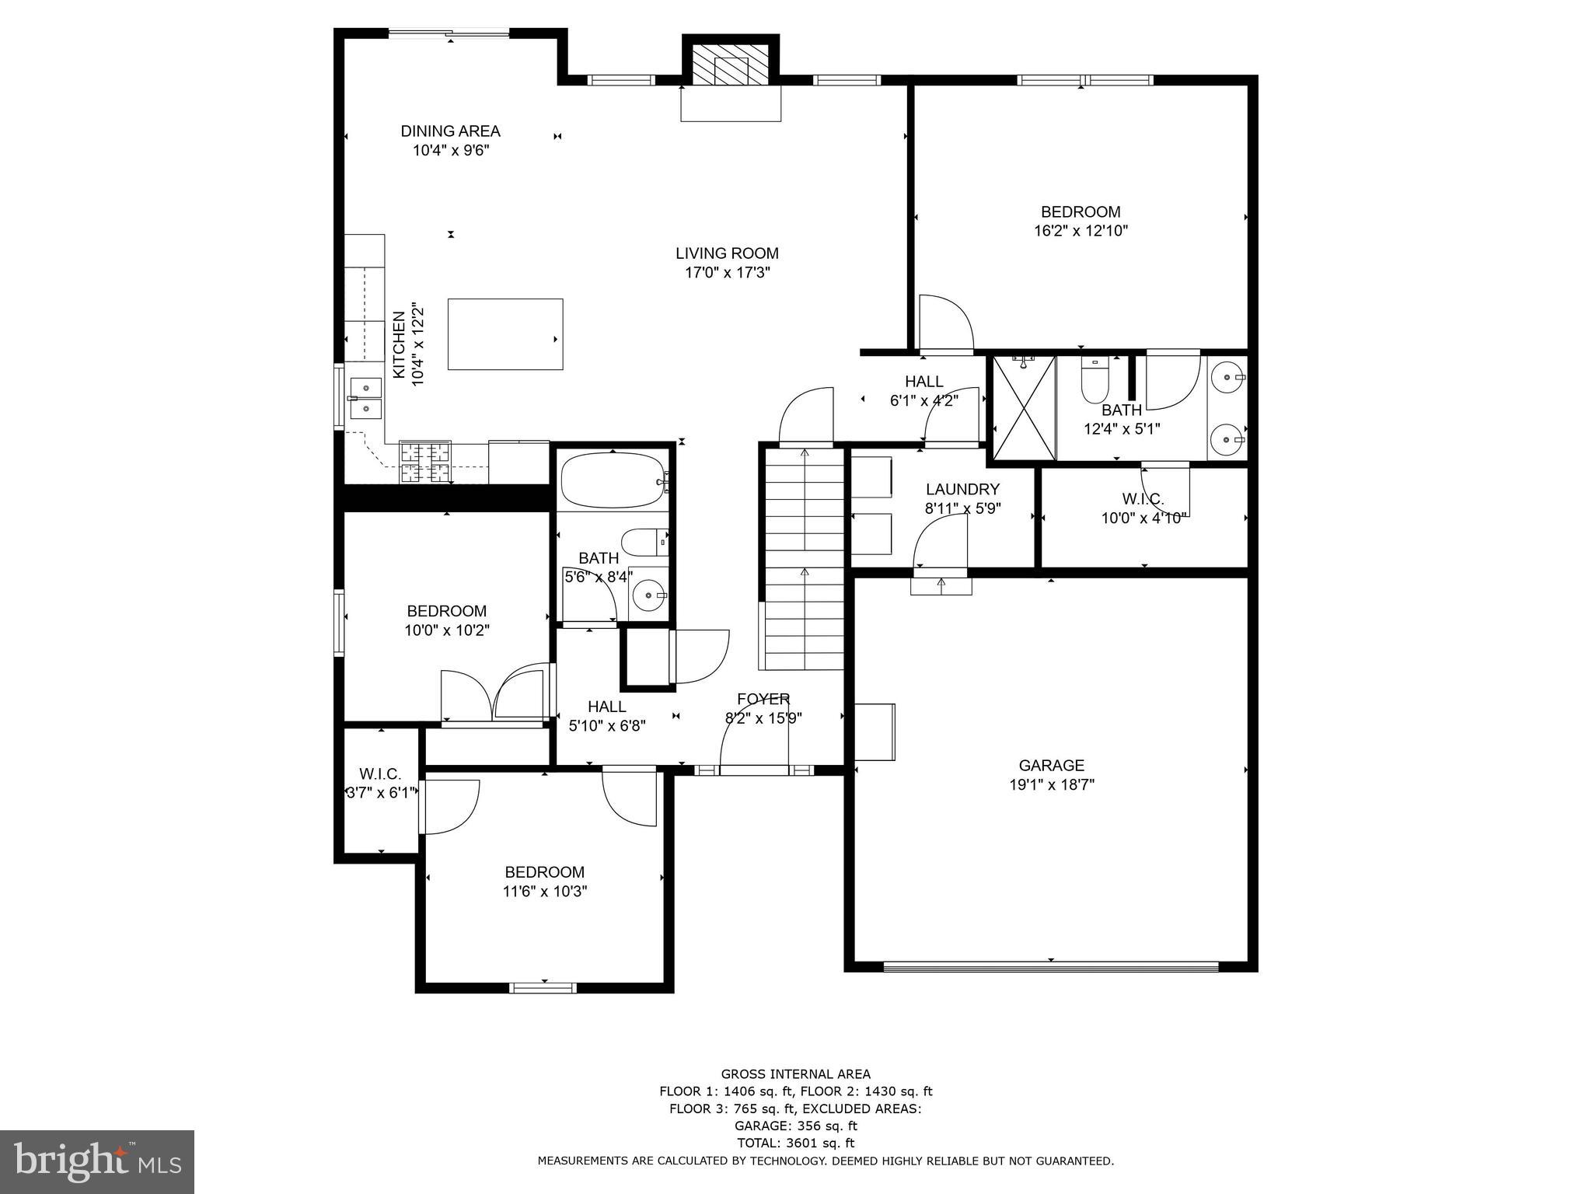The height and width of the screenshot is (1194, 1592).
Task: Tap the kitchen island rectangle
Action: click(505, 334)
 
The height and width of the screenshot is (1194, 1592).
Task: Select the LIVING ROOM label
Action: click(727, 253)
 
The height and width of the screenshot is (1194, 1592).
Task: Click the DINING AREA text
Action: click(450, 131)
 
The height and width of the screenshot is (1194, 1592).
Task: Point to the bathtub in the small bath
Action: click(613, 480)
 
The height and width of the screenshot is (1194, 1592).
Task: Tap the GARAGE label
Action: click(1051, 766)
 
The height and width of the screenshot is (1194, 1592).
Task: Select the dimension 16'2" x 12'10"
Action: click(1081, 231)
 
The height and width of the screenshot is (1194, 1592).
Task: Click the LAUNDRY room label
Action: click(962, 490)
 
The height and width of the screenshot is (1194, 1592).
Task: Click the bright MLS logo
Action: click(97, 1161)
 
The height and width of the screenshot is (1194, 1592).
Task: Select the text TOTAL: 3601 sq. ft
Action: click(795, 1143)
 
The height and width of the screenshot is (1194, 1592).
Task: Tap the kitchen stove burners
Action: click(425, 462)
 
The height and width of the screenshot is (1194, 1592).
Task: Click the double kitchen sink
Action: click(365, 398)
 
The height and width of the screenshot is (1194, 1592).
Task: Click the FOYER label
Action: click(763, 699)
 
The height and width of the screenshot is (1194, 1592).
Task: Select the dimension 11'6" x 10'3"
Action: click(544, 892)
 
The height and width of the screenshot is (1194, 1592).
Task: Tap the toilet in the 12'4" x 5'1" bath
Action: click(1094, 380)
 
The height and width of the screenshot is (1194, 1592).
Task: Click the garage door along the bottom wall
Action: click(1051, 967)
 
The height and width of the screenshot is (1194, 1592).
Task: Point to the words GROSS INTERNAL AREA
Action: click(795, 1074)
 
